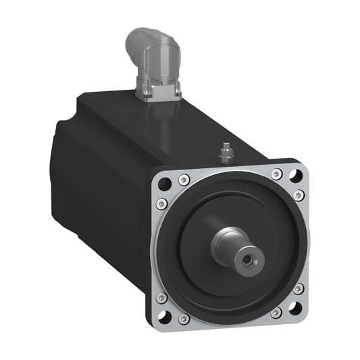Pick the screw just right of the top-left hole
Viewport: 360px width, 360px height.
(x=184, y=180)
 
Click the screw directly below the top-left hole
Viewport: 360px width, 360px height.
(x=159, y=203)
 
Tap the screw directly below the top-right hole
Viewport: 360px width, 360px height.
(x=298, y=195)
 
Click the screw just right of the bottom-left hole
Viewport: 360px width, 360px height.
(x=184, y=318)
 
